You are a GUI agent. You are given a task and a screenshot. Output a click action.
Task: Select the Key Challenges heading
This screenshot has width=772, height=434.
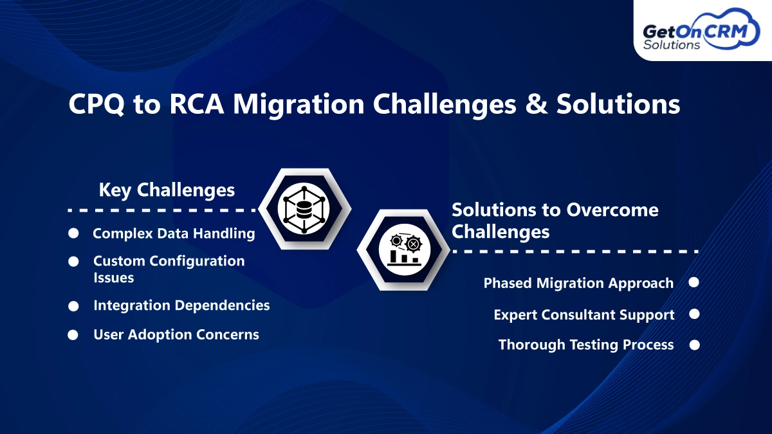[x=167, y=190]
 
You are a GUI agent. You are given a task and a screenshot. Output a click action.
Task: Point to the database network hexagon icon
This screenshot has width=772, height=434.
[x=304, y=208]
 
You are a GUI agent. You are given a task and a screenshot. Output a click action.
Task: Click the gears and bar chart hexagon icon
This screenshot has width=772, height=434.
[x=404, y=249]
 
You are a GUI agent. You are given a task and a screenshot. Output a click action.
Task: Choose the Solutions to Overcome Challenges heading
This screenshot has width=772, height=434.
[x=555, y=220]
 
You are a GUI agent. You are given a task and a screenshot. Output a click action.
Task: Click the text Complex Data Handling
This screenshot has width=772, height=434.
[x=174, y=233]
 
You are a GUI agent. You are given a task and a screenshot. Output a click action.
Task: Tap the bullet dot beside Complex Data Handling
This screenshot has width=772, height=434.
[x=74, y=234]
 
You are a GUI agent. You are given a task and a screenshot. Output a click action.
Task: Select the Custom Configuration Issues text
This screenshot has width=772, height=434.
[x=169, y=269]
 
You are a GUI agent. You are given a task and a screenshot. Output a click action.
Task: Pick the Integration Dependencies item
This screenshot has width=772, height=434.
[x=181, y=305]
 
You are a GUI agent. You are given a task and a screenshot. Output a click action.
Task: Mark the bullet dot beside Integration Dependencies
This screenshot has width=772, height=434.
[x=74, y=306]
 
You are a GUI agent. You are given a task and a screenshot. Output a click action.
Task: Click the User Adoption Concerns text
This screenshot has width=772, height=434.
[x=176, y=334]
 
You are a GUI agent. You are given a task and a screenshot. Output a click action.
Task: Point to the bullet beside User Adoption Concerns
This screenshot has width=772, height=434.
[x=74, y=335]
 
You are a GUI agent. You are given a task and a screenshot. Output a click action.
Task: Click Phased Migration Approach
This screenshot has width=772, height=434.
[x=578, y=283]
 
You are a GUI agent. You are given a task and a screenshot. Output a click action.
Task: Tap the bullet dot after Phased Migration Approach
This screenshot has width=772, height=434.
[x=694, y=283]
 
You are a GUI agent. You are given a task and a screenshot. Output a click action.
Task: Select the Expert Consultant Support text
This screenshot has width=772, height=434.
[x=584, y=314]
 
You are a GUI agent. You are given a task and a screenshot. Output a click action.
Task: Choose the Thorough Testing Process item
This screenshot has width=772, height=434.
[x=586, y=345]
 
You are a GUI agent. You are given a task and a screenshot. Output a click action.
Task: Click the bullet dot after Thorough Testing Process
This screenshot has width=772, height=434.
[x=694, y=345]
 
